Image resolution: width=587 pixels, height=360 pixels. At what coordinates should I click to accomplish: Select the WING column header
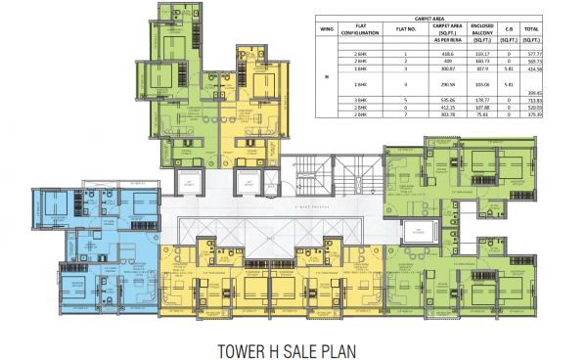(327, 29)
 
